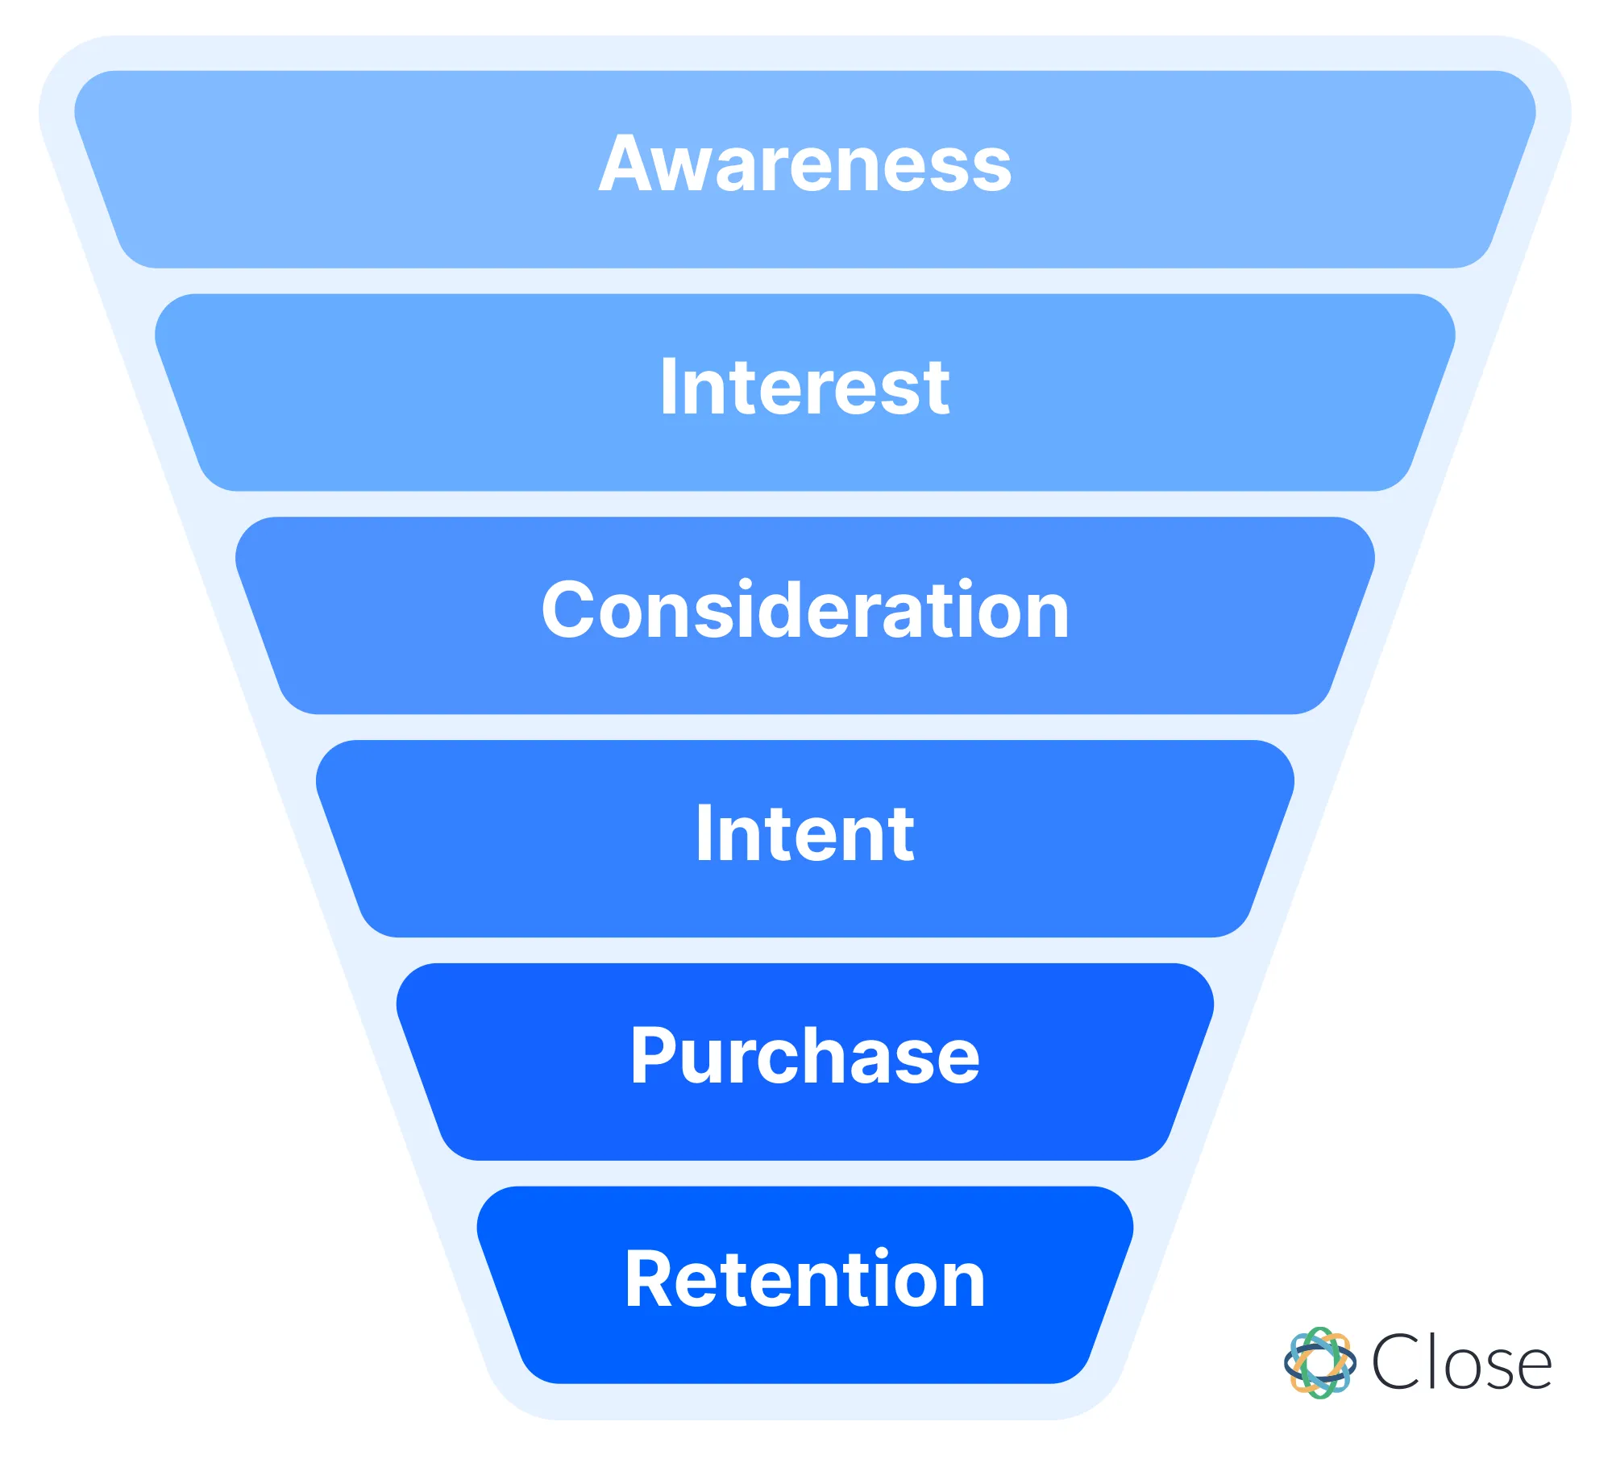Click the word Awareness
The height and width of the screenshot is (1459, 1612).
click(x=804, y=165)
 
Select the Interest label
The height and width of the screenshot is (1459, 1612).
click(x=804, y=389)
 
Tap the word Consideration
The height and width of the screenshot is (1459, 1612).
click(x=804, y=612)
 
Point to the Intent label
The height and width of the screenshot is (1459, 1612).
click(x=804, y=835)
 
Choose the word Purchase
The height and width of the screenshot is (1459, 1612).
click(x=804, y=1058)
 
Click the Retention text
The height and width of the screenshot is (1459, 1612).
click(x=804, y=1282)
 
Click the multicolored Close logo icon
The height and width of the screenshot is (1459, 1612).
click(x=1319, y=1362)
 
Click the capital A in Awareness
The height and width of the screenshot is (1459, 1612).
click(x=625, y=164)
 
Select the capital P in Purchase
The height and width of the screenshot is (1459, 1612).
click(x=654, y=1057)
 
